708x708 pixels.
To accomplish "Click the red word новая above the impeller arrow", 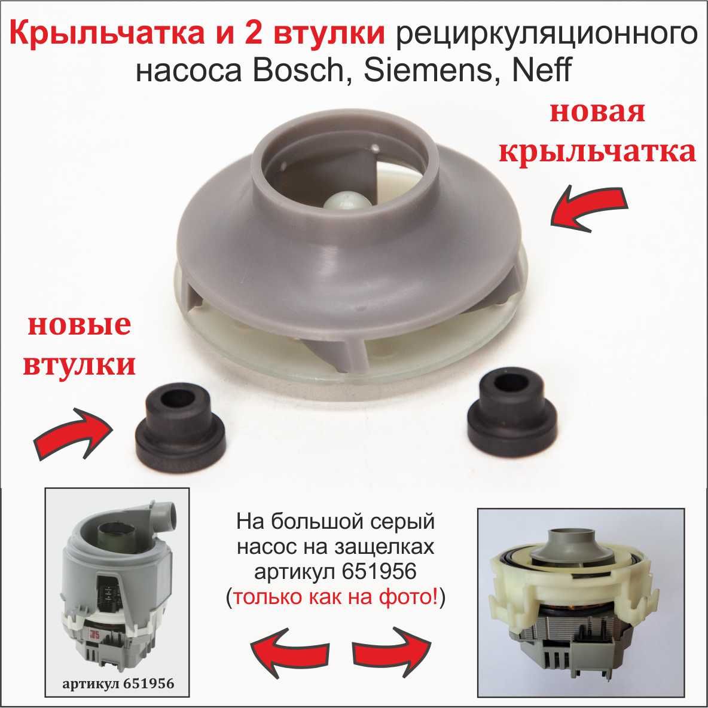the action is click(597, 112).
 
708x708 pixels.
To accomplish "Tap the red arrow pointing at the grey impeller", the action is click(589, 209).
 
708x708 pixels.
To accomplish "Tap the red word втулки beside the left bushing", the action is click(79, 365).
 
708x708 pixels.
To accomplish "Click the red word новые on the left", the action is click(80, 325).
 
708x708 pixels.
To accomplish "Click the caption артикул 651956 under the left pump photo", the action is click(118, 683).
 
